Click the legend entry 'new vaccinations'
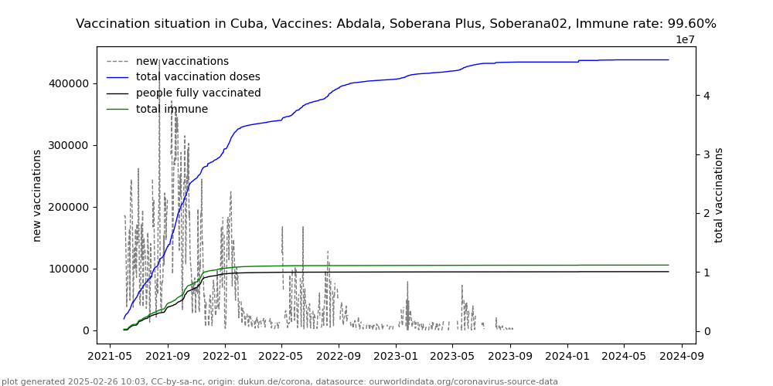point(182,61)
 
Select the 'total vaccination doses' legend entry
point(198,77)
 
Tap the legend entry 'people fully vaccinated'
point(198,93)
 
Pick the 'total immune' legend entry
point(172,110)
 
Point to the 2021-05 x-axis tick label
point(110,357)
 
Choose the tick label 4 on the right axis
point(707,96)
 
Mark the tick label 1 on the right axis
point(707,273)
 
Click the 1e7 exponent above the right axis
point(686,40)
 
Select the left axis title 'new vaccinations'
point(37,195)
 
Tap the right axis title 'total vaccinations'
point(719,195)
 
